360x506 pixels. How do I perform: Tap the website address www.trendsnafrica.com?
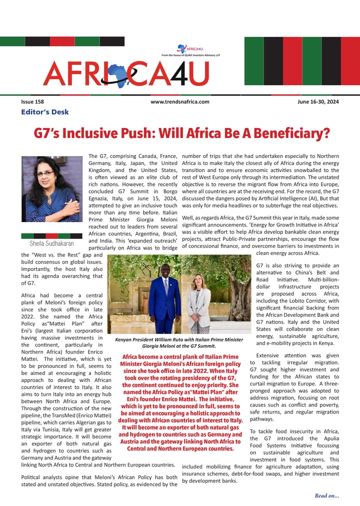[x=179, y=101]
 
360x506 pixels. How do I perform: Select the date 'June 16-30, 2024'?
[x=317, y=101]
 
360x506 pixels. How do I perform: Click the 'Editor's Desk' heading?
[x=45, y=112]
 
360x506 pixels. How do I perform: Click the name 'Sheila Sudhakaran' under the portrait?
[x=51, y=243]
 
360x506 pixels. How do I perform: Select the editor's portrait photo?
[x=52, y=189]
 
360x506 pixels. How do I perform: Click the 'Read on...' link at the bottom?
[x=326, y=495]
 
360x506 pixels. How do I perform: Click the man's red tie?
[x=165, y=285]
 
